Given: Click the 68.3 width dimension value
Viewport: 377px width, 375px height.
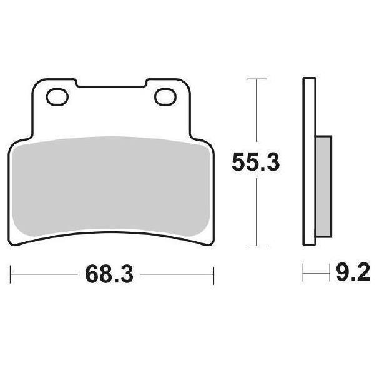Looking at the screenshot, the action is tap(109, 274).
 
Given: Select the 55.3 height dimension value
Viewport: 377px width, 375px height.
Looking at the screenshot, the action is tap(256, 162).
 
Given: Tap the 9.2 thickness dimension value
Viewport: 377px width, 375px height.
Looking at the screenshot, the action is tap(353, 272).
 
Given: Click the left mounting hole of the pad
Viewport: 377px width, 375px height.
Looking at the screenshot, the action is tap(57, 97).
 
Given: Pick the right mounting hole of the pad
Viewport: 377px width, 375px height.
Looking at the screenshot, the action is tap(165, 97).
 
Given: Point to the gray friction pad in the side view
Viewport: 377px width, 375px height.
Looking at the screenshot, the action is tap(323, 186).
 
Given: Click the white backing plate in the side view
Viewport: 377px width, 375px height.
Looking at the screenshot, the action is tap(309, 161).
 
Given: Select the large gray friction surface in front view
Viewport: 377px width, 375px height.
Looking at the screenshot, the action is tap(111, 186).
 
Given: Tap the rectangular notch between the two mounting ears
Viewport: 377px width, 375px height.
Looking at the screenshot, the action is tap(111, 83).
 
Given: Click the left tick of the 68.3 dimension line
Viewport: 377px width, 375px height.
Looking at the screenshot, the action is tap(11, 274).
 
